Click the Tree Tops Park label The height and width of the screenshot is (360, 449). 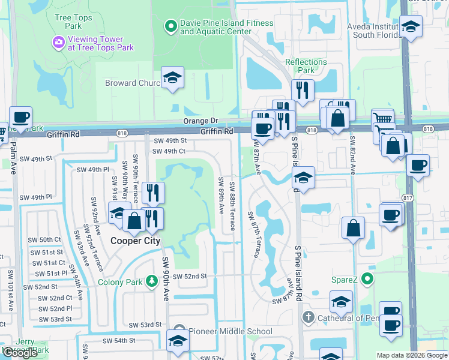coord(73,22)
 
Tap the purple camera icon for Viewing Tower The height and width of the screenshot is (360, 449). coord(59,41)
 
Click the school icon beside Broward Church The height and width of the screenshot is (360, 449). coord(172,78)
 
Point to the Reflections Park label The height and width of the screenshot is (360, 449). coord(306,66)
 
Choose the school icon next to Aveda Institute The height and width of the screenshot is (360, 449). coord(411,26)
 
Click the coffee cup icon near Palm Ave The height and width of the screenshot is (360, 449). coord(20,117)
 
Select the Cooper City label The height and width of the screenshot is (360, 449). coord(135,241)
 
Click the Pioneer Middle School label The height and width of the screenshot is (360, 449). coord(231,331)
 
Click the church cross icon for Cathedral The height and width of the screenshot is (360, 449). coord(308,317)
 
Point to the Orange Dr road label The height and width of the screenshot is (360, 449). coord(200,121)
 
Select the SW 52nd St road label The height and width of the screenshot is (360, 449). coord(189,276)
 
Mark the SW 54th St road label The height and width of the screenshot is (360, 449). coord(119,340)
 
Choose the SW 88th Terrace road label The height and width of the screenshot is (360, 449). coord(232,205)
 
